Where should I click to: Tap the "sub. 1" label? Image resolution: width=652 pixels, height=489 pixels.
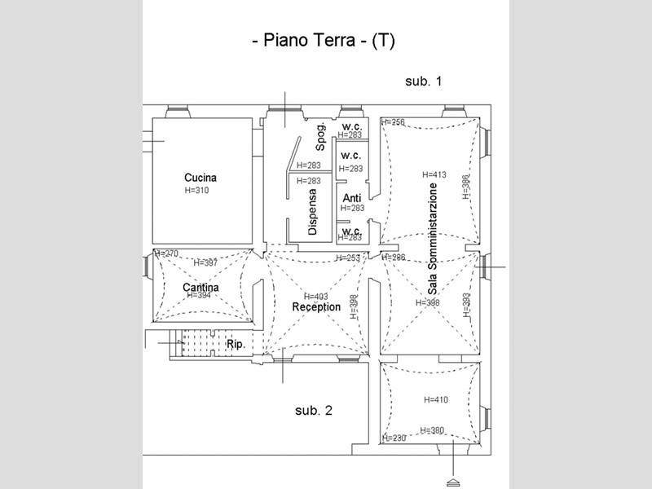point(423,81)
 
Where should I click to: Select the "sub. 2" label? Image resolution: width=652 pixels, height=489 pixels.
point(314,411)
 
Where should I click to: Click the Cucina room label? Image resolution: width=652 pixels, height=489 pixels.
point(200,178)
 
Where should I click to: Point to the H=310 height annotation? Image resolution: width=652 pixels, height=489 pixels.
point(198,190)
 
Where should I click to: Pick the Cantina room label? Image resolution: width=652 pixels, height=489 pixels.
point(200,287)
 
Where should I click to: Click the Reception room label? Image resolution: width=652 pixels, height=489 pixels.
point(316,306)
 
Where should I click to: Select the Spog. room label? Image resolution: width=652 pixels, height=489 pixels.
point(321,136)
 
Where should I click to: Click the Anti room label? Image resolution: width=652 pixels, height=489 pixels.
point(352,199)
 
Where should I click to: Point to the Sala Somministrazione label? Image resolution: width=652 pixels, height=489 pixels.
point(434,238)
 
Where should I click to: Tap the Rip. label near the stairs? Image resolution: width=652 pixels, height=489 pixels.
point(236,344)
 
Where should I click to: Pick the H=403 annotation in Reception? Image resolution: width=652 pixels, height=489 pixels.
point(316,297)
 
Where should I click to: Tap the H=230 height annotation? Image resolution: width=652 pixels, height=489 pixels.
point(394,438)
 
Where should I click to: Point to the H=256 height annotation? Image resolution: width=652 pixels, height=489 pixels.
point(393,122)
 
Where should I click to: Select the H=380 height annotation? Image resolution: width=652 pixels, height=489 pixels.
point(431,430)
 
